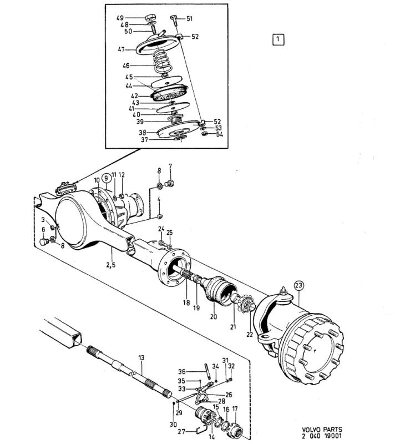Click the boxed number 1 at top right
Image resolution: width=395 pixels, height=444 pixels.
point(278,39)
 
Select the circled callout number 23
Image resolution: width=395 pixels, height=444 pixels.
point(299,285)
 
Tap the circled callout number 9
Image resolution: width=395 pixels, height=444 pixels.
point(106,178)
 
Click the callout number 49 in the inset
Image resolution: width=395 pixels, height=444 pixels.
point(120,18)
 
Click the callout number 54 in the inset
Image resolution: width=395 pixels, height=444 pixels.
point(220,134)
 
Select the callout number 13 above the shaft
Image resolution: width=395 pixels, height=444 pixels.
point(141,357)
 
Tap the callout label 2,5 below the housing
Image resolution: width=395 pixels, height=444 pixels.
point(111,265)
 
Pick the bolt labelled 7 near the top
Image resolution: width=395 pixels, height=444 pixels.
point(170,184)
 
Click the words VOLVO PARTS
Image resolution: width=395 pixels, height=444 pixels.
point(321,430)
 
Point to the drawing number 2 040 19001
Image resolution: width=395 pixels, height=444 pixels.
point(321,436)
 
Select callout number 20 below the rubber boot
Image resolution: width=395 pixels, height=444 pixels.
point(214,316)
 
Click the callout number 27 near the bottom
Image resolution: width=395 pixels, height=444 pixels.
point(181,432)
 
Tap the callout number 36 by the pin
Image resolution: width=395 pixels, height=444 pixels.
point(181,371)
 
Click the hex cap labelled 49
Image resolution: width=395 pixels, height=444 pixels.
point(149,18)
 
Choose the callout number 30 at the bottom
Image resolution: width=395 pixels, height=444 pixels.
point(173,424)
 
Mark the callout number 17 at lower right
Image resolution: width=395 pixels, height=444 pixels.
point(235,409)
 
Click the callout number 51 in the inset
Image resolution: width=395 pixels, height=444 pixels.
point(189,19)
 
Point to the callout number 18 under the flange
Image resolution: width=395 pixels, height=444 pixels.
point(186,302)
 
